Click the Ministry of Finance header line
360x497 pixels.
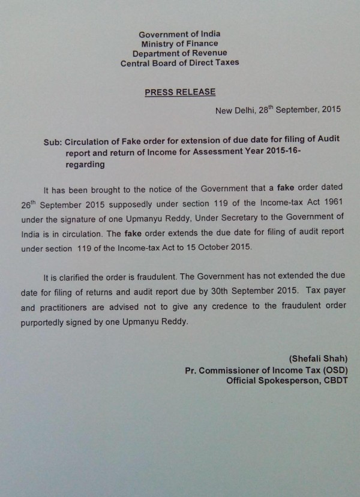point(179,43)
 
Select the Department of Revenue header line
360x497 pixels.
point(179,53)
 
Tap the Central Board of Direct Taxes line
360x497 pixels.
point(179,62)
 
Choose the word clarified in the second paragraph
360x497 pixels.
point(84,277)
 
